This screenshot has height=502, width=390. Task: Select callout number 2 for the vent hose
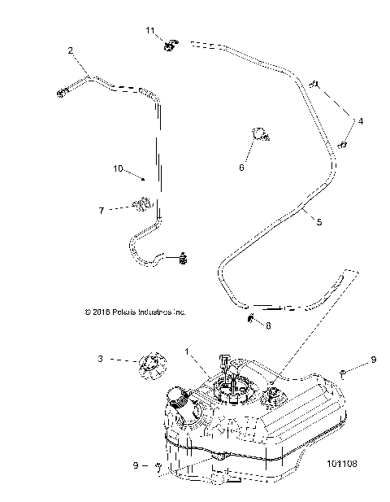click(x=71, y=51)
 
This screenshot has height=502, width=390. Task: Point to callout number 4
click(x=361, y=120)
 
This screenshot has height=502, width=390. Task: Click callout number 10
click(x=118, y=169)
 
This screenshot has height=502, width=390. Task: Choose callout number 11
click(x=150, y=30)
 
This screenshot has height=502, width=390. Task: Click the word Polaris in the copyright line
click(x=122, y=311)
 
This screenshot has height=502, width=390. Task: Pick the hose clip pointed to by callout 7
click(x=144, y=204)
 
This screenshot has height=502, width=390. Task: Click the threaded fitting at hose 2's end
click(x=62, y=94)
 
